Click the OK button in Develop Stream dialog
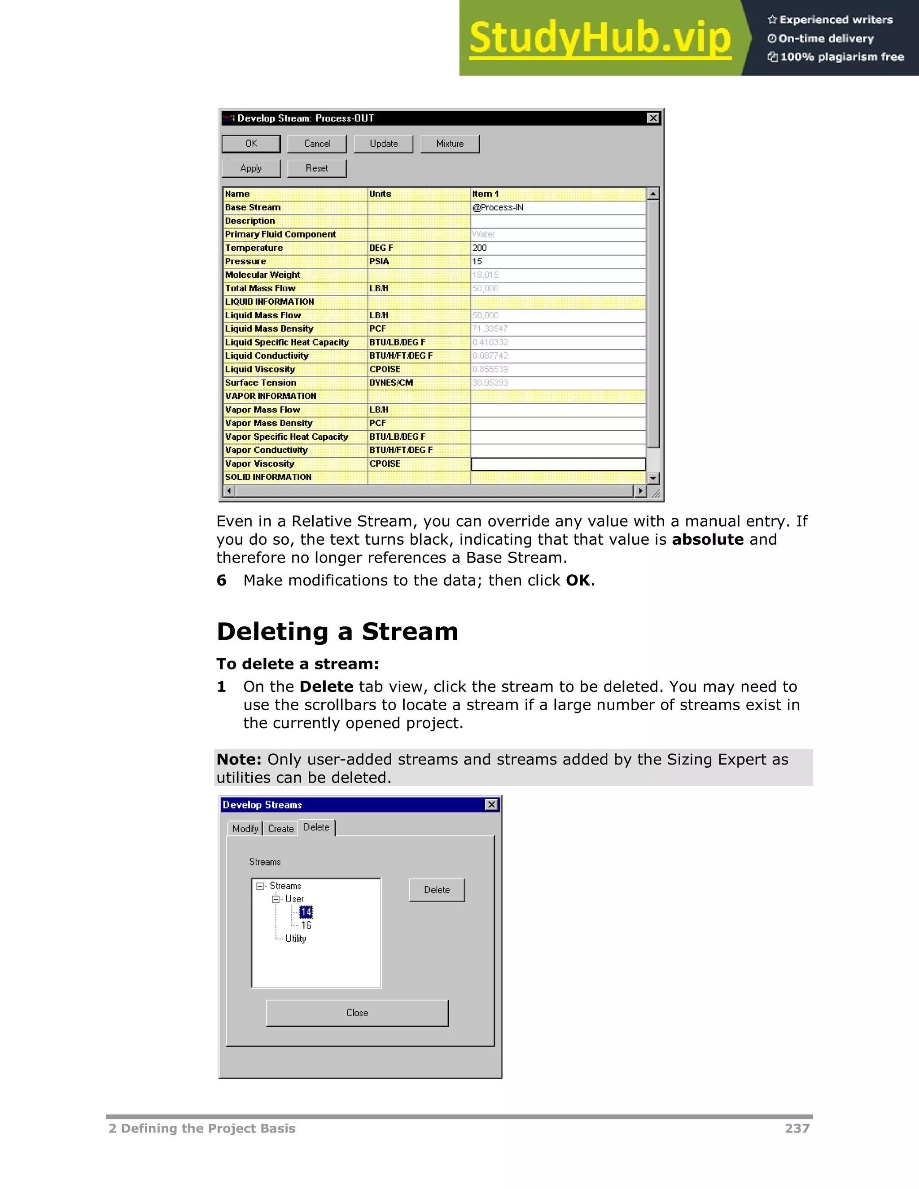coord(251,144)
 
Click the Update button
coord(383,144)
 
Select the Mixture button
coord(450,144)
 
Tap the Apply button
coord(251,168)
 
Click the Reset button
coord(317,168)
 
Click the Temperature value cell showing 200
coord(557,248)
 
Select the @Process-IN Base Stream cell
coord(557,207)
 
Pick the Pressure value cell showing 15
coord(557,261)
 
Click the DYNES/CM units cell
coord(418,383)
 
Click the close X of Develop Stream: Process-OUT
coord(653,118)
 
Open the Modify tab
coord(245,829)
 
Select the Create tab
coord(281,829)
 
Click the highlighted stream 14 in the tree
coord(306,912)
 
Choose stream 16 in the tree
coord(306,926)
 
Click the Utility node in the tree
coord(296,939)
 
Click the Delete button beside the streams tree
coord(437,890)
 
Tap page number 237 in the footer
coord(796,1128)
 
